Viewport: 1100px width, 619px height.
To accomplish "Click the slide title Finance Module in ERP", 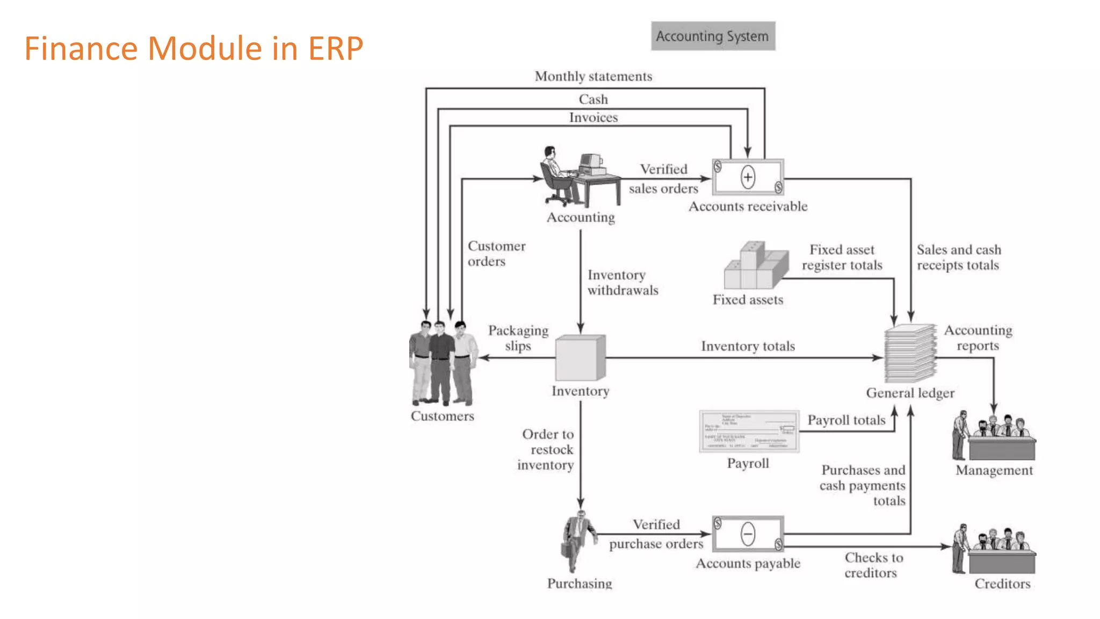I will coord(194,48).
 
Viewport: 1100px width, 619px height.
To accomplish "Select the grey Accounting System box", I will coord(713,36).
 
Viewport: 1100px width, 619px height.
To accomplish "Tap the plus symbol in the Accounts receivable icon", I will coord(748,177).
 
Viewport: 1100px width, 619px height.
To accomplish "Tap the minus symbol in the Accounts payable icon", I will coord(748,534).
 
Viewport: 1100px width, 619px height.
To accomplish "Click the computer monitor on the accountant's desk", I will coord(590,161).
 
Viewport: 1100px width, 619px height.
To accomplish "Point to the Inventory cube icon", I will coord(580,358).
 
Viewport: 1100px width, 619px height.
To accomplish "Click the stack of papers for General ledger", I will coord(910,354).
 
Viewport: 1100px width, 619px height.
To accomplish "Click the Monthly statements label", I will coord(594,76).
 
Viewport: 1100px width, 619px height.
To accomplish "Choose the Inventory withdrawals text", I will coord(622,283).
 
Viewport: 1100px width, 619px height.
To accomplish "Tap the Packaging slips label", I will coord(518,338).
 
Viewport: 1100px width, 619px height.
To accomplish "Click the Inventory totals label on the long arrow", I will coord(748,346).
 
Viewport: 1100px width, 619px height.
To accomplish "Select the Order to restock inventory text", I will coord(546,449).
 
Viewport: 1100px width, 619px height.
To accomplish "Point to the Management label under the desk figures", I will coord(994,470).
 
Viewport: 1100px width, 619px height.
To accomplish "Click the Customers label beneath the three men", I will coord(442,416).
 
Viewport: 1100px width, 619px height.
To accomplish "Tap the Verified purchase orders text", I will coord(656,534).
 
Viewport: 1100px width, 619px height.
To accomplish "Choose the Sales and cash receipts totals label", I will coord(958,257).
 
